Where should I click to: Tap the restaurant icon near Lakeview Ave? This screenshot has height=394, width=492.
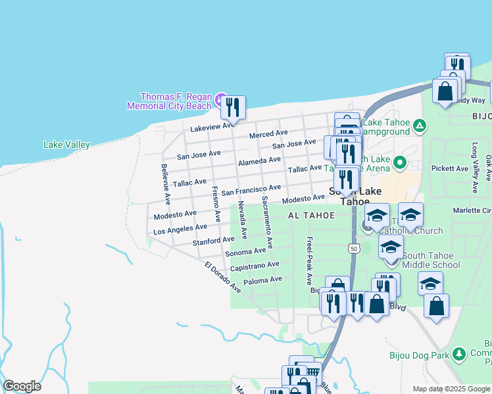tap(232, 107)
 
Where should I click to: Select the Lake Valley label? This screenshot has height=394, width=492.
tap(66, 144)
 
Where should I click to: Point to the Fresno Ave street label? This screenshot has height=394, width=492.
tap(215, 204)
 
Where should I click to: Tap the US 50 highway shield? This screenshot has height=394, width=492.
tap(354, 248)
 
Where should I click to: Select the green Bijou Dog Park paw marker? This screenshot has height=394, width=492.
tap(459, 355)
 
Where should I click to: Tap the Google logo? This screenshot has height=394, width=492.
tap(22, 386)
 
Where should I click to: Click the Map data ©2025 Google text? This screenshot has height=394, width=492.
tap(451, 389)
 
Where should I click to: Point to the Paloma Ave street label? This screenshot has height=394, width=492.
tap(262, 280)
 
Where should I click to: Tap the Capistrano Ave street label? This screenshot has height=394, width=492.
tap(255, 266)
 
